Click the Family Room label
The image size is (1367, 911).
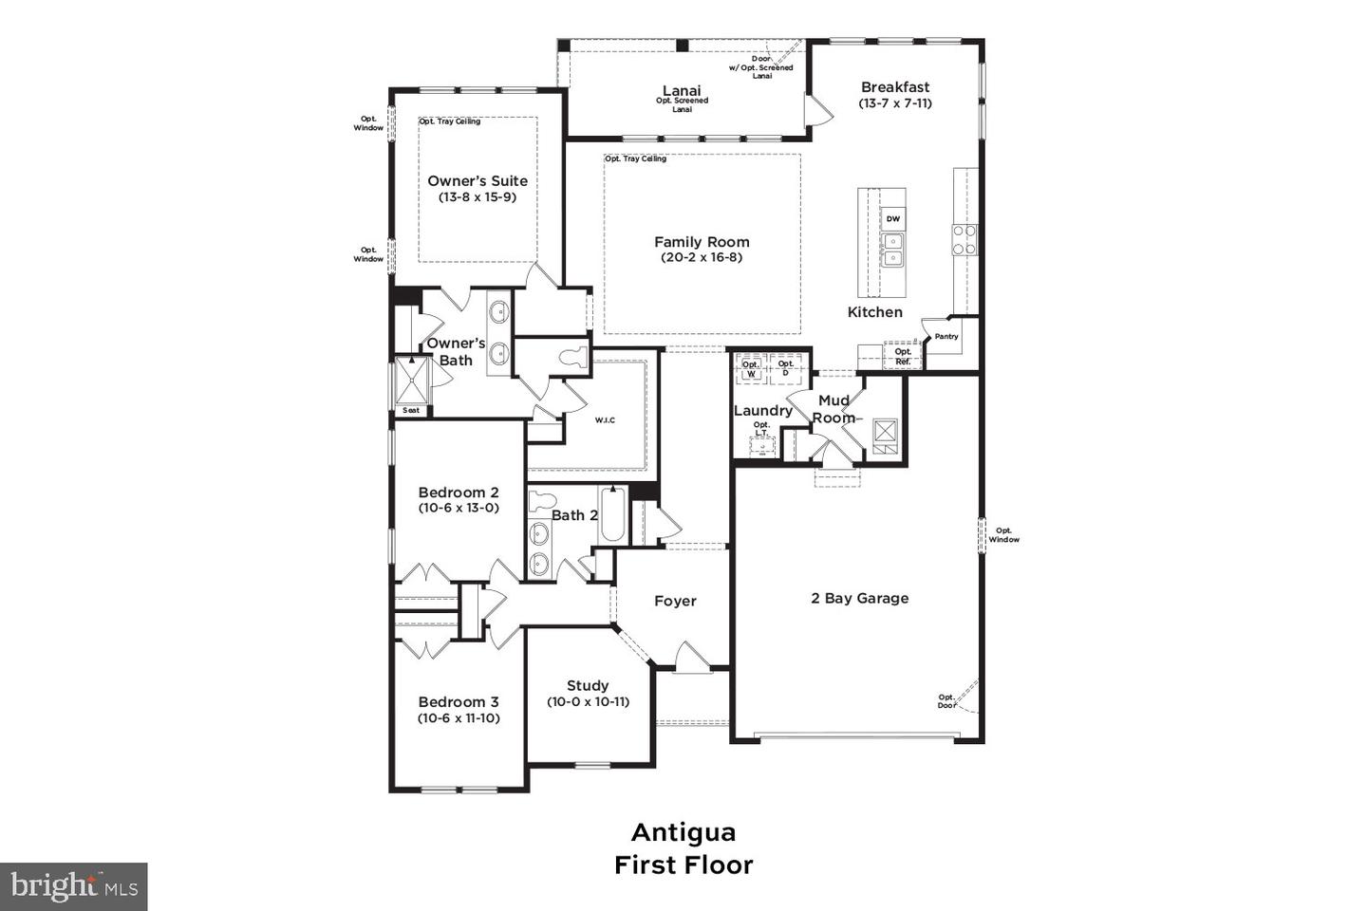[x=702, y=242]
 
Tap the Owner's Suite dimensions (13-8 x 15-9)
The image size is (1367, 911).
[x=477, y=197]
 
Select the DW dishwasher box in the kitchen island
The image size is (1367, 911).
[x=892, y=219]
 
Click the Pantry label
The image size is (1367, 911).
[x=946, y=337]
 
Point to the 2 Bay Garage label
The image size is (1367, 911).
[x=859, y=599]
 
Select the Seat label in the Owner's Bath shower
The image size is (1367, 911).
[x=411, y=410]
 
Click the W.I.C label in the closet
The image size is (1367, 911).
[x=605, y=419]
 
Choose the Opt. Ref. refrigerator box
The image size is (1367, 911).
[x=902, y=357]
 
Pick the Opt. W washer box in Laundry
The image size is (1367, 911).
[x=751, y=369]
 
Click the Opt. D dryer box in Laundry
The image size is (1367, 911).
[x=785, y=368]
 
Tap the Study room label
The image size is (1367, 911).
[x=588, y=686]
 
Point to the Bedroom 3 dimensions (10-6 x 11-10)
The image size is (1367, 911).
[x=459, y=718]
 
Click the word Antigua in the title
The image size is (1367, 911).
[x=683, y=832]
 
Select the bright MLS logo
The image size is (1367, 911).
[x=73, y=886]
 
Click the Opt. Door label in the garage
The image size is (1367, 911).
[x=946, y=701]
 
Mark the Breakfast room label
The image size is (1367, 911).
[x=895, y=87]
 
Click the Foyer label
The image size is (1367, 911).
[x=675, y=602]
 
